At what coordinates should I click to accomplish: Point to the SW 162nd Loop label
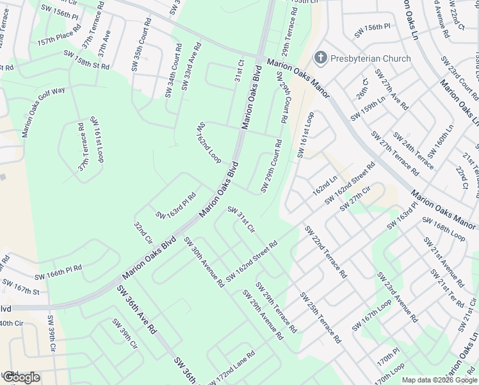click(x=209, y=142)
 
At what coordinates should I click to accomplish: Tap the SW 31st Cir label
click(x=241, y=220)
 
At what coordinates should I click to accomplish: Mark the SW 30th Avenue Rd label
click(x=204, y=262)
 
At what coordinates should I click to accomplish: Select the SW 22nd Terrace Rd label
click(x=325, y=252)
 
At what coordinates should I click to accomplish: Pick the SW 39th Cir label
click(x=125, y=334)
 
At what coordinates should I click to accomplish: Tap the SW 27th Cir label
click(x=355, y=198)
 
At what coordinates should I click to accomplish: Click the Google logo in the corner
click(x=20, y=377)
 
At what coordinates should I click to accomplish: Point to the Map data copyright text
click(x=440, y=380)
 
